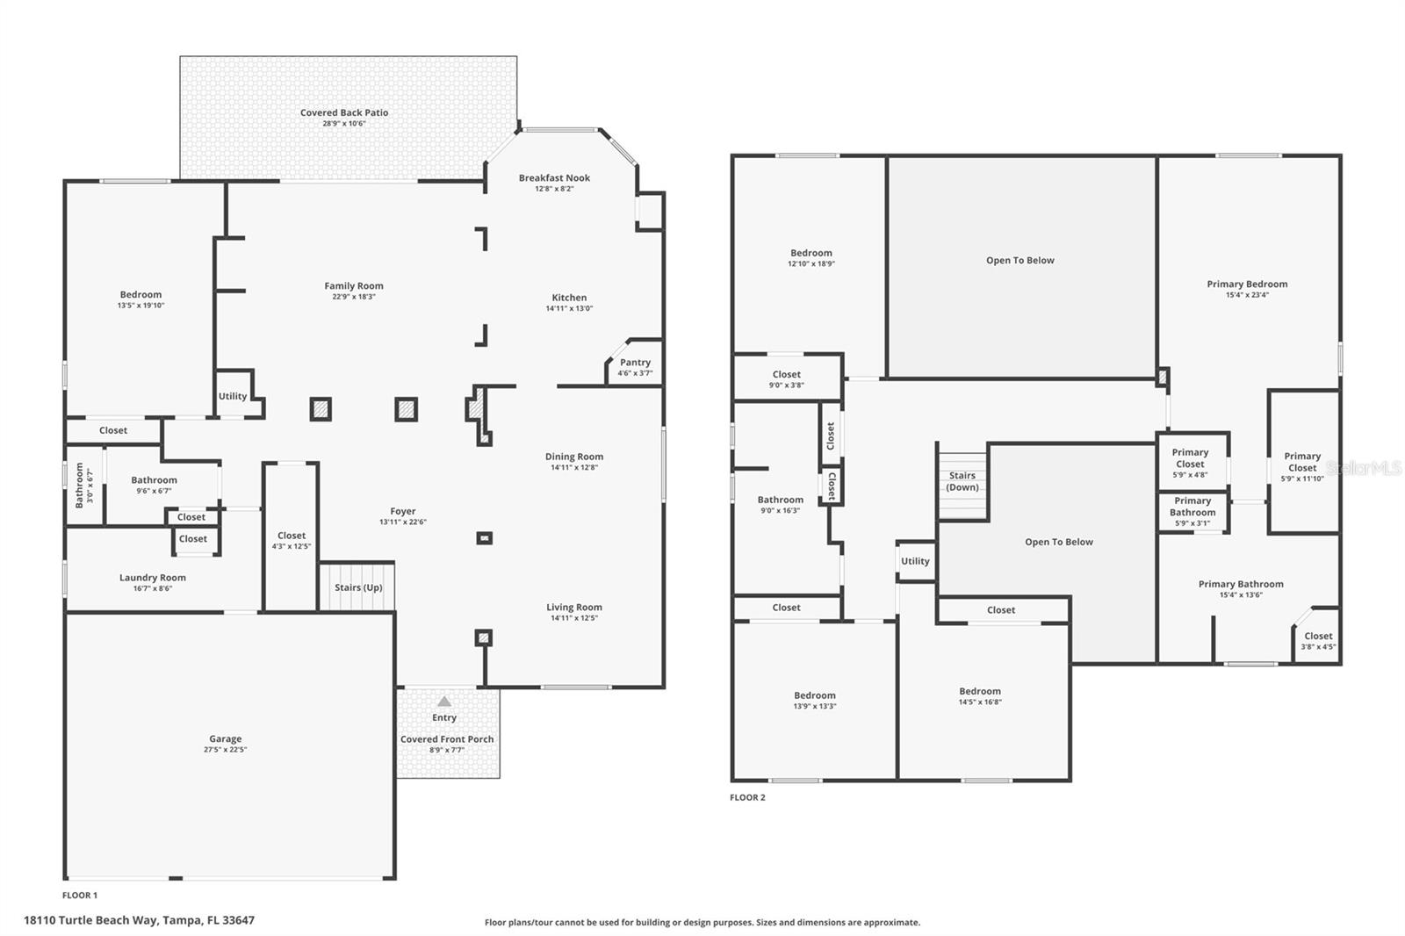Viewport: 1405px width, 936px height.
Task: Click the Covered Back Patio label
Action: (343, 112)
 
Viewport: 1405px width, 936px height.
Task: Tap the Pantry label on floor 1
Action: (635, 363)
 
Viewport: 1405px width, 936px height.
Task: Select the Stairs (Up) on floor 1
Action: (358, 587)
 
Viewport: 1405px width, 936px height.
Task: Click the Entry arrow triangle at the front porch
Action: (444, 701)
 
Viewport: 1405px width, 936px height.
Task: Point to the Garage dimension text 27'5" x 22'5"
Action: (225, 750)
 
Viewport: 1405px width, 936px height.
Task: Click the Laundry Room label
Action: (153, 578)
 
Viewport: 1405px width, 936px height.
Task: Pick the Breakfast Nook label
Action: (554, 177)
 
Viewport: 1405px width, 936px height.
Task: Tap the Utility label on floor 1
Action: (233, 396)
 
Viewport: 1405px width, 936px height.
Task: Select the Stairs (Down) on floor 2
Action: (962, 481)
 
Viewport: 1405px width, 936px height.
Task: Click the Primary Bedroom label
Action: (1247, 284)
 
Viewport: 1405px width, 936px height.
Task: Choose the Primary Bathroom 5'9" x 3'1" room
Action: (1192, 512)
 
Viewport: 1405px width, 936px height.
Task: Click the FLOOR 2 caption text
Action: (747, 797)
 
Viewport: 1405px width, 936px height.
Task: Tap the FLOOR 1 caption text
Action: (80, 895)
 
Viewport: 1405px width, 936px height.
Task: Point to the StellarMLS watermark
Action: (1364, 470)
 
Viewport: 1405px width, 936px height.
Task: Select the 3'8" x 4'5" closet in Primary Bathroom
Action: (1317, 640)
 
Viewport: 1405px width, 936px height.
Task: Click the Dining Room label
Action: (573, 457)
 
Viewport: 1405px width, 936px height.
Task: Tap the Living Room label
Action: (573, 607)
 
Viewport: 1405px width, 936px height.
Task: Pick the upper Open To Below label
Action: (1020, 260)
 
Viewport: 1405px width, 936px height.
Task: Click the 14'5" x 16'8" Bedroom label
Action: (979, 691)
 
